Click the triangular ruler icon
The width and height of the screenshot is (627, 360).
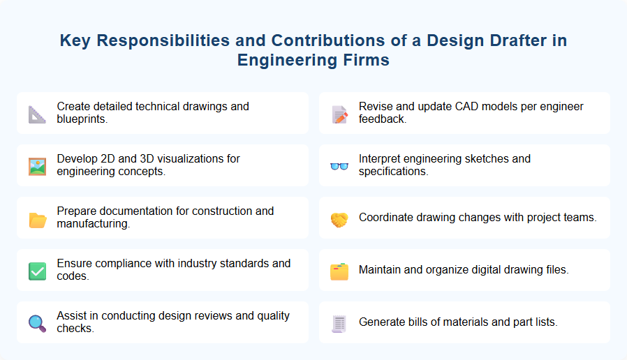point(37,114)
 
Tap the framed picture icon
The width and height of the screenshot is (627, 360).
point(37,166)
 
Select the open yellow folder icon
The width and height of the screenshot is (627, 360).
point(37,218)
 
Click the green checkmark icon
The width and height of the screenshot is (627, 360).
point(37,271)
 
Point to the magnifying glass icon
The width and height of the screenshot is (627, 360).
point(37,323)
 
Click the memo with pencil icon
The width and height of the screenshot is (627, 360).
point(339,114)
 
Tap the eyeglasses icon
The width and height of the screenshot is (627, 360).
point(339,166)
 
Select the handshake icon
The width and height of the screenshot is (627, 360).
point(339,218)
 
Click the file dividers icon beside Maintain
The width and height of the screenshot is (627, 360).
point(339,271)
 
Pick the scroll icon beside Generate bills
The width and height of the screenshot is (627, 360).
point(339,323)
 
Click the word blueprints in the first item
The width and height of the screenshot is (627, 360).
point(83,119)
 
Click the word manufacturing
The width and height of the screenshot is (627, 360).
point(94,224)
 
